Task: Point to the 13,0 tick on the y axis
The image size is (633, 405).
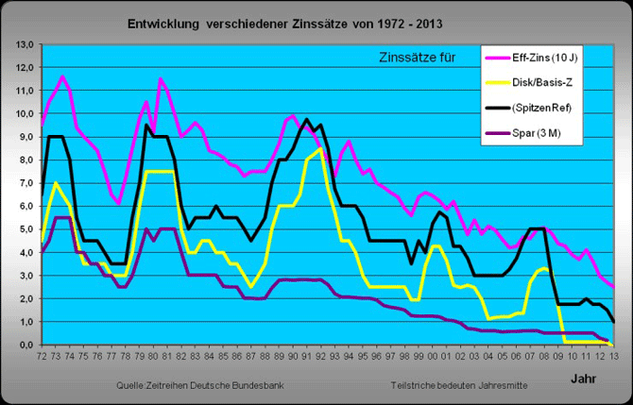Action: click(26, 44)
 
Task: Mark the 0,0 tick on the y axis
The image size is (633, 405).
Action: click(26, 346)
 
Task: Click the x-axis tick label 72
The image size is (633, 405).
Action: click(42, 357)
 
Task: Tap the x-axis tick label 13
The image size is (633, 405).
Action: click(613, 357)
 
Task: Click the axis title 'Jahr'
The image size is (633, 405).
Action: click(582, 378)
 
